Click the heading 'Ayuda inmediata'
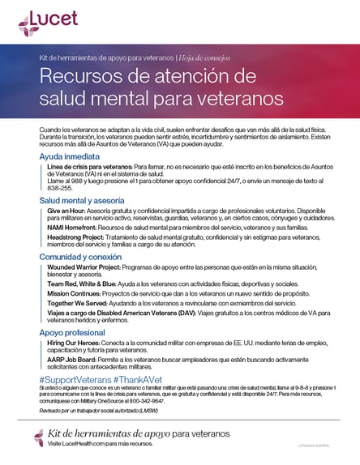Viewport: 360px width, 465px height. (x=69, y=155)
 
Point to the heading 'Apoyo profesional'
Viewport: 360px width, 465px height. (x=72, y=332)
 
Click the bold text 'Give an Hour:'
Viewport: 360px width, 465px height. (x=67, y=210)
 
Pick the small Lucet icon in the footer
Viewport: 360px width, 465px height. (x=39, y=438)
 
